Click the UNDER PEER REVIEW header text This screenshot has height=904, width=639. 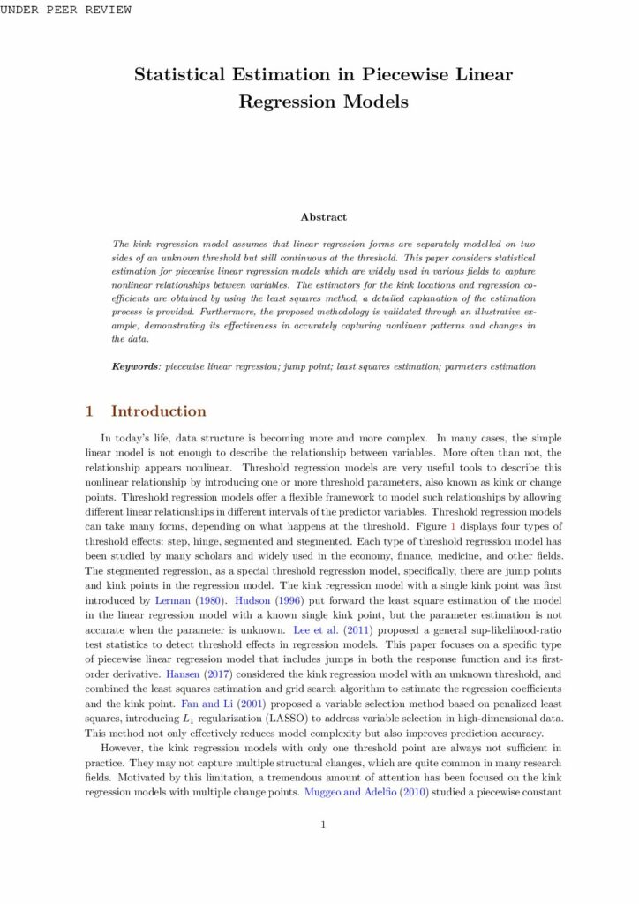(x=66, y=10)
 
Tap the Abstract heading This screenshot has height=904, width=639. (x=323, y=216)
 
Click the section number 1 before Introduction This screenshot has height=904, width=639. (x=89, y=411)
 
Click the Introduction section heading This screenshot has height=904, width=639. (x=158, y=411)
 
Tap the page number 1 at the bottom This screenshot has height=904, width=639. (x=323, y=825)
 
